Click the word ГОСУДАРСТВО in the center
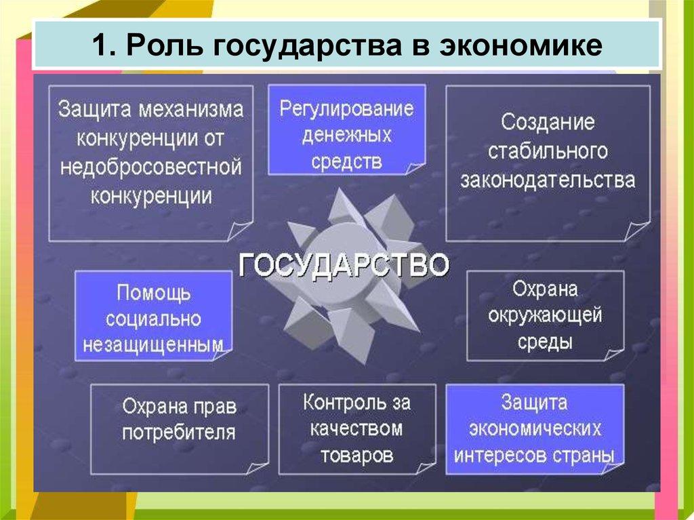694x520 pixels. (x=343, y=264)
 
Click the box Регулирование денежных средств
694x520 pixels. (x=347, y=130)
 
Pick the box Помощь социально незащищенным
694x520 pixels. (x=153, y=316)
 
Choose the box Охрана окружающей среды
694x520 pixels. (x=545, y=315)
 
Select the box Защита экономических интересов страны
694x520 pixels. (x=534, y=428)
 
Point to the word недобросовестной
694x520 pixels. (x=151, y=167)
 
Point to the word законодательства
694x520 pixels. (x=548, y=180)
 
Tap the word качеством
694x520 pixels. (x=356, y=428)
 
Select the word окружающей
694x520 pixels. (x=546, y=315)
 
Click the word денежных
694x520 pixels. (x=347, y=136)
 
